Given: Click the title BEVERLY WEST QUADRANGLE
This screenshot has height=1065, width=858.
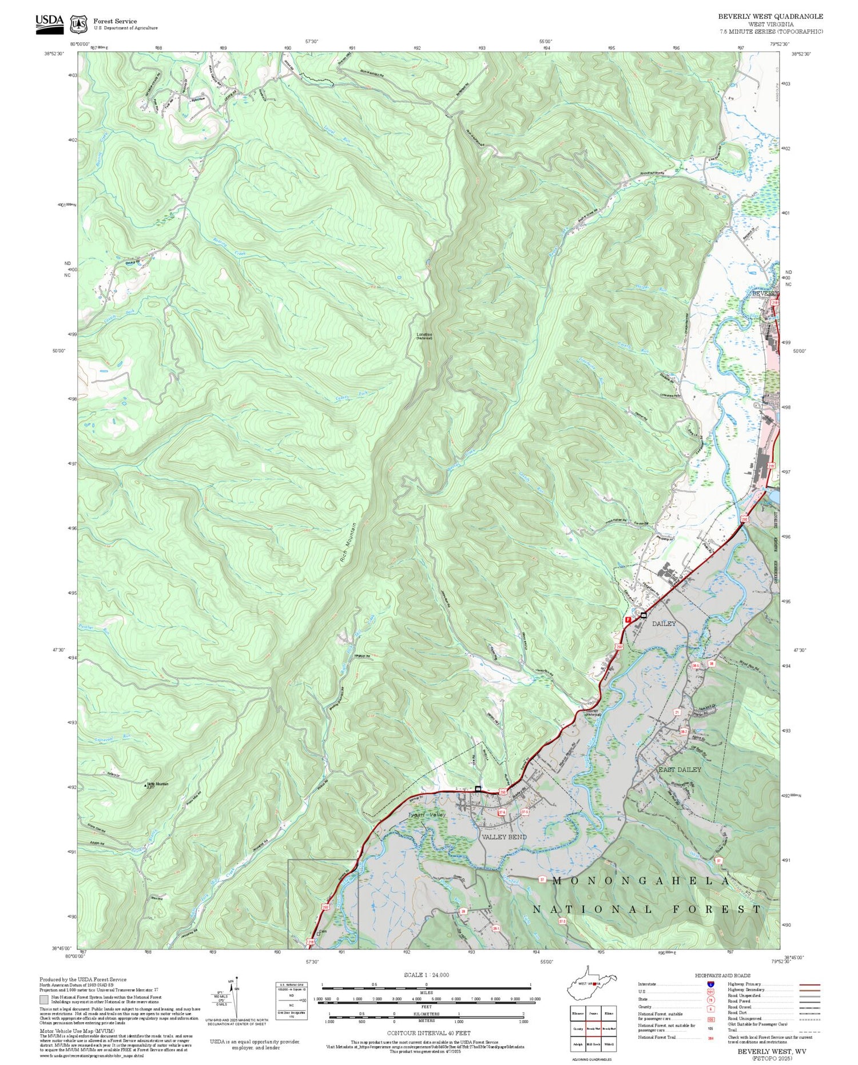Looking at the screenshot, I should (x=770, y=17).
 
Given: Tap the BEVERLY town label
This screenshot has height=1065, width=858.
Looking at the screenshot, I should (x=764, y=293).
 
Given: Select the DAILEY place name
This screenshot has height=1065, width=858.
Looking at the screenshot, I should (x=664, y=623).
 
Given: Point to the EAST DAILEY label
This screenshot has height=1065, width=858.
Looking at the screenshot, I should (x=679, y=769).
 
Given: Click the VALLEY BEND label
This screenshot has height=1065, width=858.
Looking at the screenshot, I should (x=503, y=837).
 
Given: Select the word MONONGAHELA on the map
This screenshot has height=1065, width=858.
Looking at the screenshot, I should (x=641, y=881).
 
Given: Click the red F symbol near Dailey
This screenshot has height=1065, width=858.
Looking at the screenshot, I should (x=627, y=619).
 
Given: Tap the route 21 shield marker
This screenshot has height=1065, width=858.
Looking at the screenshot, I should (x=677, y=712).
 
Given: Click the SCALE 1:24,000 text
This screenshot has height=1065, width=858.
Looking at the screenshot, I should (x=426, y=975).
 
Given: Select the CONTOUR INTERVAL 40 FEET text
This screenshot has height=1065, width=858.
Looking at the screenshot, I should (x=428, y=1033).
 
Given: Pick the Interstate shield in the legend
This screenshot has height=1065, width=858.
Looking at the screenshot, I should (x=710, y=984).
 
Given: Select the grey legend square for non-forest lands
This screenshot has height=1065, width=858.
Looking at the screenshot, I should (x=43, y=1000).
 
